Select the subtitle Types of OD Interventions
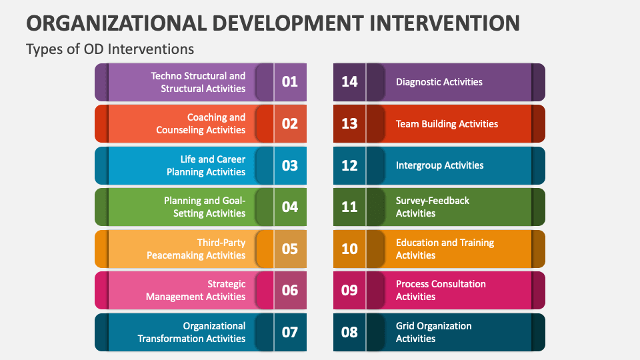110,49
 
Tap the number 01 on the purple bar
290,82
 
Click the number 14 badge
349,82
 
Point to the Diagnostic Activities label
439,82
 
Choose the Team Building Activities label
447,124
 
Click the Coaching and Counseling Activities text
201,124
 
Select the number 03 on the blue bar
290,165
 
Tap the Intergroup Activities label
439,165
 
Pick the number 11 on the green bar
349,207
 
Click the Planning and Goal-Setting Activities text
205,207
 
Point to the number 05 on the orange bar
290,249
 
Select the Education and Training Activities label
445,249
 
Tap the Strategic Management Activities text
196,290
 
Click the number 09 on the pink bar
349,290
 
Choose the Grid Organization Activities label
433,332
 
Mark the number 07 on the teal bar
290,332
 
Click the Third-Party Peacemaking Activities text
197,249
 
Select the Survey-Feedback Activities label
432,207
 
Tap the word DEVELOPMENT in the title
278,23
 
